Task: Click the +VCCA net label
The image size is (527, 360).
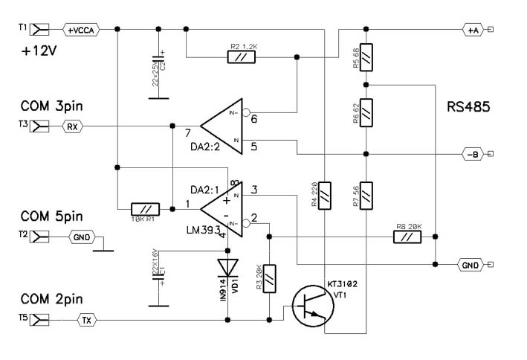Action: tap(80, 30)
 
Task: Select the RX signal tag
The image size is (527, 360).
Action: tap(72, 126)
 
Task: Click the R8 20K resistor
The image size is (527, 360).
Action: tap(407, 237)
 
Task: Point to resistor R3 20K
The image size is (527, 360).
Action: tap(269, 277)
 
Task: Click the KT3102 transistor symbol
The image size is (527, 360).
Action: tap(311, 305)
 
